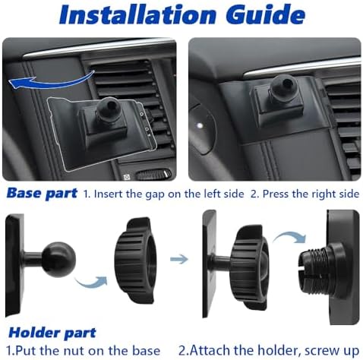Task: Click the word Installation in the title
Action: click(x=137, y=14)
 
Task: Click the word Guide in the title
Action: click(x=266, y=14)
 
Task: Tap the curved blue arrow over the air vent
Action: click(x=51, y=81)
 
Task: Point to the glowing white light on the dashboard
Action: click(x=200, y=125)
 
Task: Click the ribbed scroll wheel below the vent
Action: click(x=153, y=175)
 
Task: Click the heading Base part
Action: click(x=42, y=194)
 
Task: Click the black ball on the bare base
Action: click(x=58, y=259)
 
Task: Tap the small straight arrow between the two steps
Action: click(x=179, y=259)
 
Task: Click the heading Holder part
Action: click(x=52, y=333)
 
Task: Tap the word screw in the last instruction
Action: click(x=320, y=352)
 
